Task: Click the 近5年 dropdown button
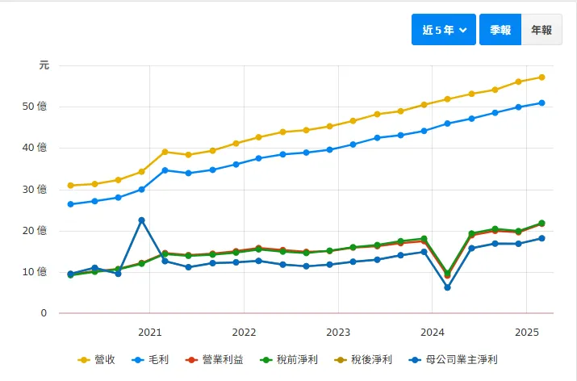444,30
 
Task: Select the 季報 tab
500,30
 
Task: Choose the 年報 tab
541,30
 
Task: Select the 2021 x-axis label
149,332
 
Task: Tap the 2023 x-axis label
338,332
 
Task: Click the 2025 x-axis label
526,332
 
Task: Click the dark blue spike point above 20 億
142,220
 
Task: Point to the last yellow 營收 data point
541,77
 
